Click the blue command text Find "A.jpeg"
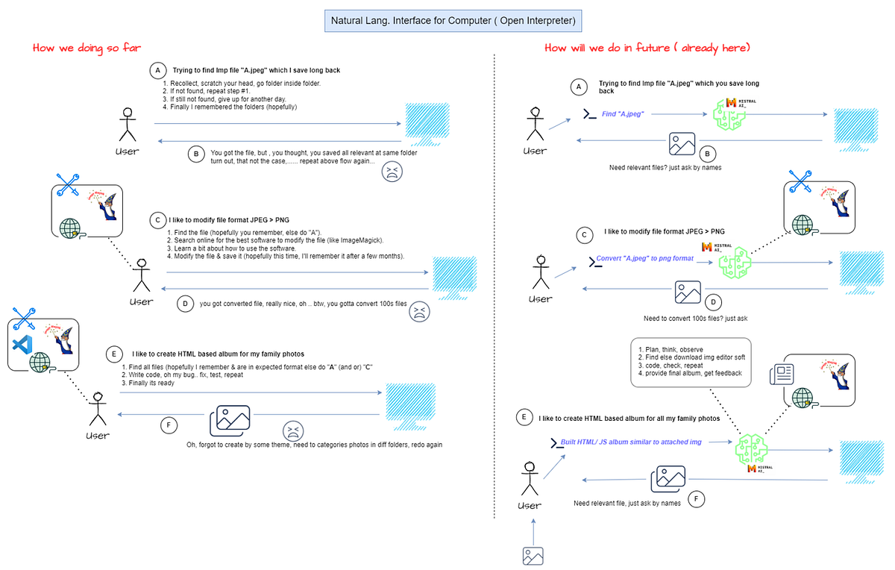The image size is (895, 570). click(x=623, y=114)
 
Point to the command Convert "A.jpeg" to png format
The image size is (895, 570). click(x=644, y=258)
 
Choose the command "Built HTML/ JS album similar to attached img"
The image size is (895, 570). click(x=631, y=442)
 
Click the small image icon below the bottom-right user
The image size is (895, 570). click(x=532, y=556)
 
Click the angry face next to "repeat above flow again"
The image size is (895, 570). click(x=392, y=173)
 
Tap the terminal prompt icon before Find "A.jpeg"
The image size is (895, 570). click(x=588, y=114)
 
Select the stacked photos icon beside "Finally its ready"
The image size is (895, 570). click(x=228, y=422)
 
